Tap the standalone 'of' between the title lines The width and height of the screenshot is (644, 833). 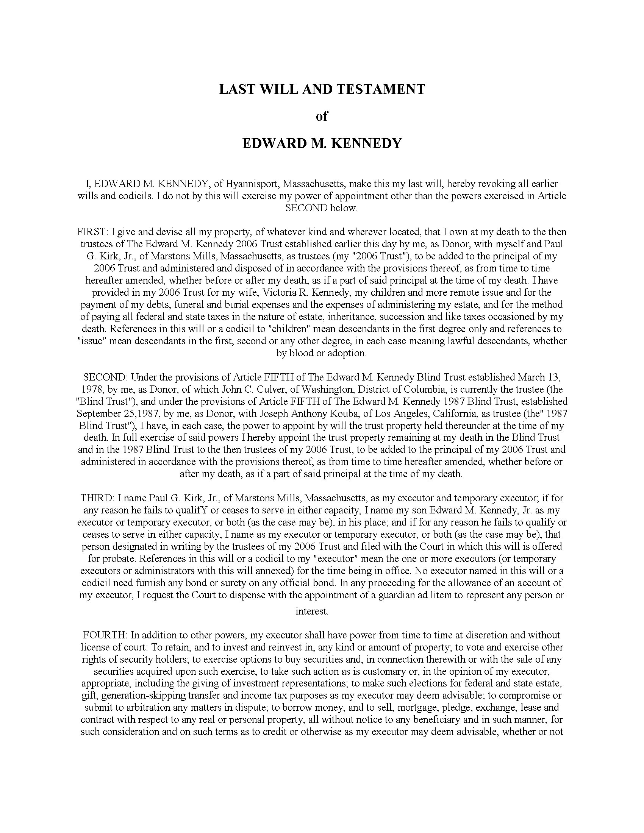click(322, 116)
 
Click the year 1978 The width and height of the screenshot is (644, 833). click(91, 389)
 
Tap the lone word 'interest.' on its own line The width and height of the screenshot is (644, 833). click(312, 611)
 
